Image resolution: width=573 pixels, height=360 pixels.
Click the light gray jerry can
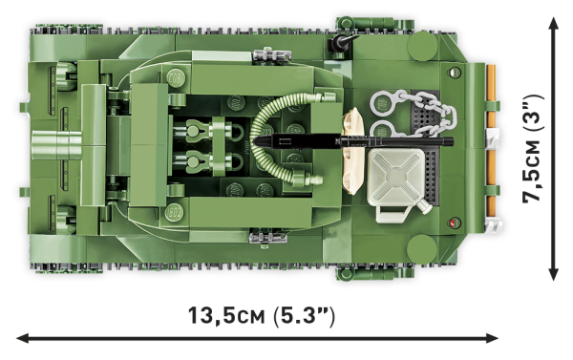coord(393,180)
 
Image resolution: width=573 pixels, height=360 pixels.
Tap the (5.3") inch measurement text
coord(305,314)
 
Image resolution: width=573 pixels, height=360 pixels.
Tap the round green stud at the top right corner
coord(422,45)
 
